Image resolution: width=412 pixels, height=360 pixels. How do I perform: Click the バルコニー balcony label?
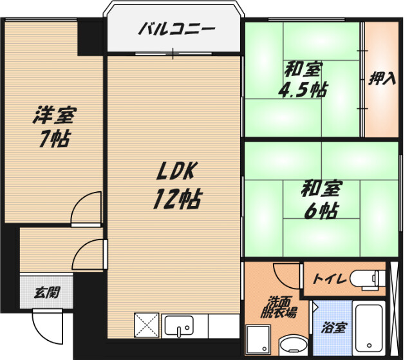click(176, 28)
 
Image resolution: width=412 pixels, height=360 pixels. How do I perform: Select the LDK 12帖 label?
click(177, 185)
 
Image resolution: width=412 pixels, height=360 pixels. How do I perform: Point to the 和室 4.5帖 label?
click(303, 79)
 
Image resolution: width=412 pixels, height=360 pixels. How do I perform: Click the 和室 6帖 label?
click(322, 199)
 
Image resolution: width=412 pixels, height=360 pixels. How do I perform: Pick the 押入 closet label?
click(382, 79)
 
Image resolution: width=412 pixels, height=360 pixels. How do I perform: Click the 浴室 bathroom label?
click(333, 327)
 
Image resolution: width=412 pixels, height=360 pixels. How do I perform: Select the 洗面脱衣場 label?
click(279, 307)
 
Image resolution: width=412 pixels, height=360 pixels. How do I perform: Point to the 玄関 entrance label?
click(47, 292)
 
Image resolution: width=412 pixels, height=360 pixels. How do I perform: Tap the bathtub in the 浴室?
click(369, 328)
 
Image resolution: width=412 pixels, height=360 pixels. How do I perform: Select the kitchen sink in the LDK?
click(179, 326)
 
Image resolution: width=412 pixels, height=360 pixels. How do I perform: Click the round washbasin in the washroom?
click(294, 345)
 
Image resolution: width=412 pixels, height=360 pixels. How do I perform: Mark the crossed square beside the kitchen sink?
click(147, 325)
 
